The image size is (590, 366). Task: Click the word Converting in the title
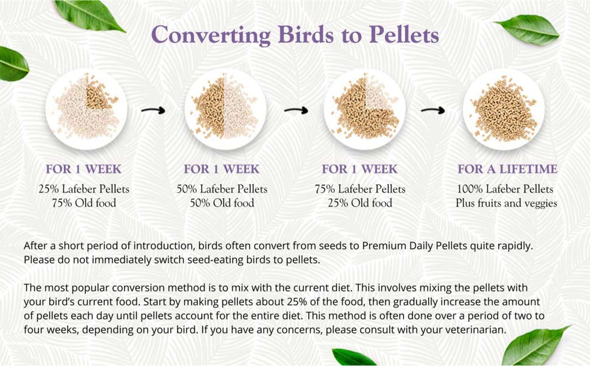click(210, 34)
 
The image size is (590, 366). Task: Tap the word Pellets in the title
click(404, 34)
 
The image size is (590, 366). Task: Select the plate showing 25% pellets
click(86, 109)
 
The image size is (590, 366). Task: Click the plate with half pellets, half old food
click(225, 109)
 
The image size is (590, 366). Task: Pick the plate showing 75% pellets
click(364, 109)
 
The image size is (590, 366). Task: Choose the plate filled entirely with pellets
click(504, 109)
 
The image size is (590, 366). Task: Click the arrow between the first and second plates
click(153, 111)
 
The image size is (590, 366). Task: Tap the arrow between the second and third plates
click(296, 111)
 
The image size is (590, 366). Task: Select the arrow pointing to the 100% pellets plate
click(433, 111)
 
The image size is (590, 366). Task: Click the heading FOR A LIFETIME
click(508, 169)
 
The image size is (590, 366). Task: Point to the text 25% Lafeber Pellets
click(84, 189)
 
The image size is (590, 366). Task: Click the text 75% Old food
click(84, 203)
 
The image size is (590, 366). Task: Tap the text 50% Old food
click(222, 203)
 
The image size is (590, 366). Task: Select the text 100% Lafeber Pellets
click(505, 189)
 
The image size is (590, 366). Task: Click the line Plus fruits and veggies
click(506, 203)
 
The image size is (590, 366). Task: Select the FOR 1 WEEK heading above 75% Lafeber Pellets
click(359, 169)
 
